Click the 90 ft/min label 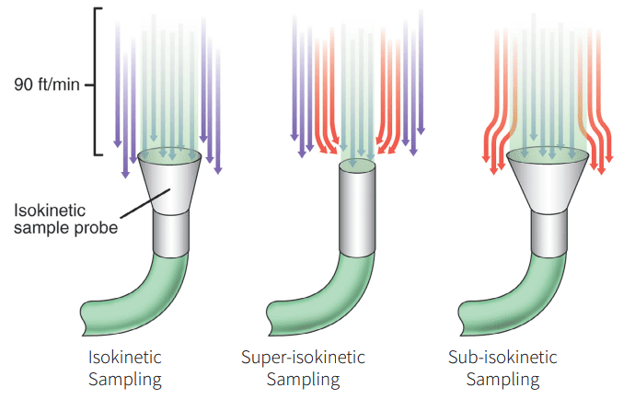[47, 85]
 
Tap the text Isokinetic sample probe [65, 220]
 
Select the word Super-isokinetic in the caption [303, 357]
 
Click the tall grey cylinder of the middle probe [357, 211]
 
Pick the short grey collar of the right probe [551, 233]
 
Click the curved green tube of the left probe [147, 294]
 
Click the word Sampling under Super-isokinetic [303, 379]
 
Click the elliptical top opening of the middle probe [357, 166]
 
